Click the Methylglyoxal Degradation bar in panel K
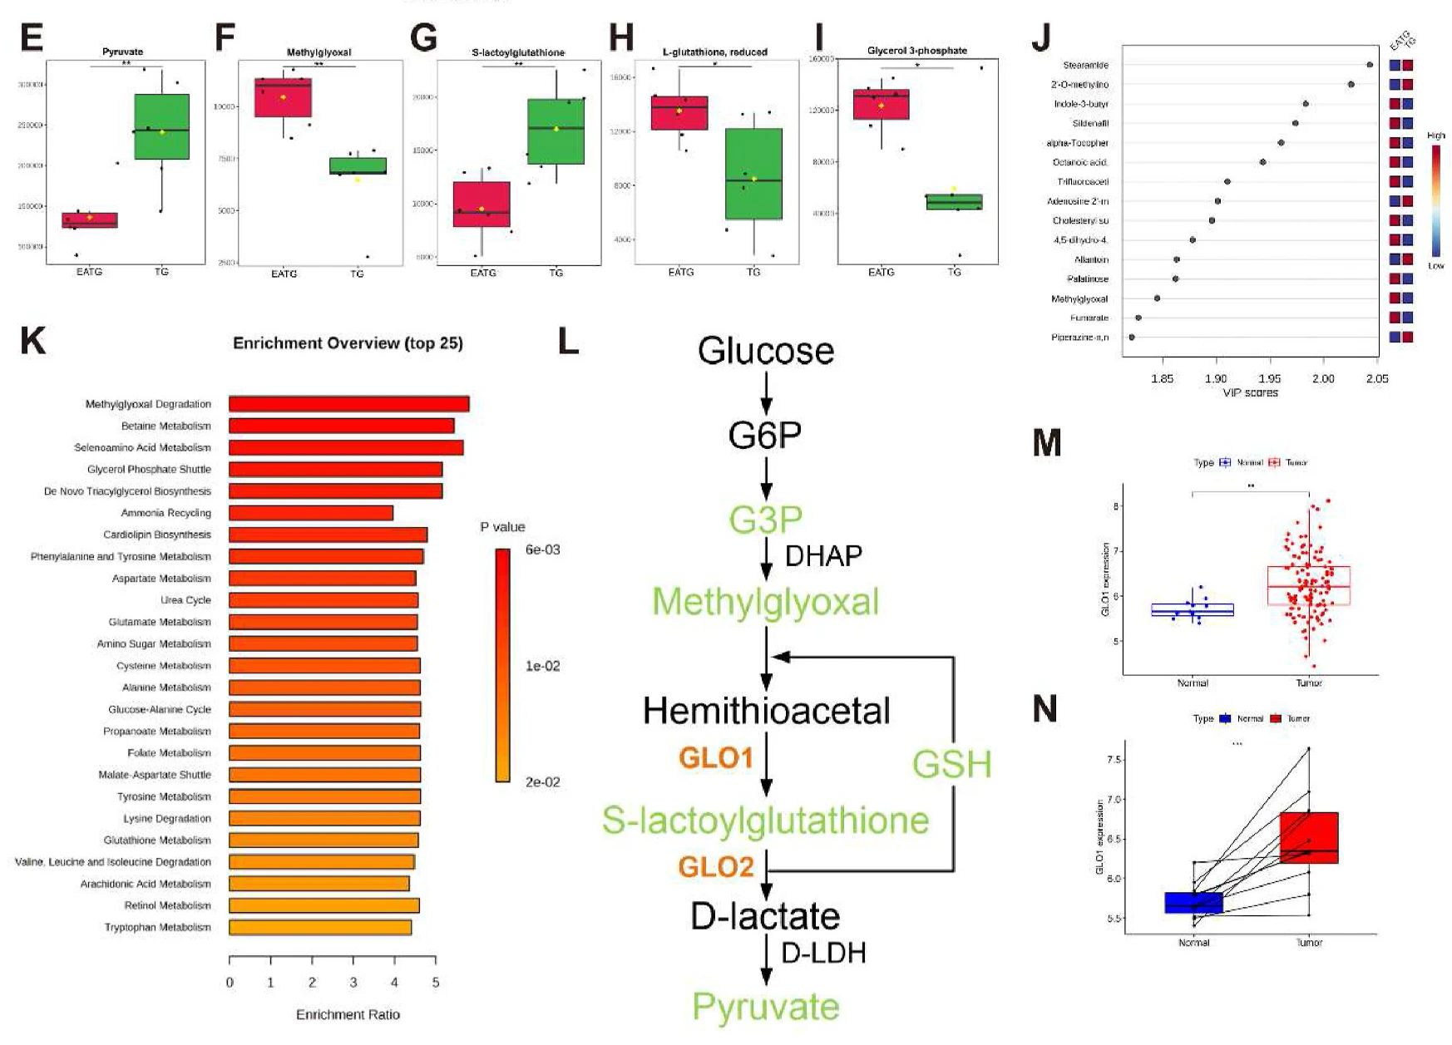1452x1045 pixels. tap(348, 404)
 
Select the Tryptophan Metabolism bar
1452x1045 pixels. tap(320, 927)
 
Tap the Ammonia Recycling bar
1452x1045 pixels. tap(311, 513)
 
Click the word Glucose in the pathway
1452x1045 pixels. tap(766, 350)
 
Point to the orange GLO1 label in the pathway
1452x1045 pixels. tap(716, 757)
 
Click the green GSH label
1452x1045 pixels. tap(951, 764)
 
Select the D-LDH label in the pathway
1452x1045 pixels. tap(823, 953)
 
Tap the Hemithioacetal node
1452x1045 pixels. tap(766, 711)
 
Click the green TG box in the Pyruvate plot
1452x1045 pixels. tap(161, 126)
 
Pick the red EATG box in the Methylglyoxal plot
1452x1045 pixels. tap(283, 98)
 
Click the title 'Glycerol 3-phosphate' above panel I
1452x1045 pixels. tap(916, 51)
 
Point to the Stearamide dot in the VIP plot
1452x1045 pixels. tap(1370, 65)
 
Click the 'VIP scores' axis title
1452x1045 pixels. tap(1250, 392)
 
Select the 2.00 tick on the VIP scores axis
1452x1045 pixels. tap(1323, 379)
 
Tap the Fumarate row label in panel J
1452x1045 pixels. tap(1089, 318)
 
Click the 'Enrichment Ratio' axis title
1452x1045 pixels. tap(348, 1014)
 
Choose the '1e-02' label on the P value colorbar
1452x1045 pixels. tap(542, 666)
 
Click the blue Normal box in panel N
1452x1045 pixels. tap(1193, 903)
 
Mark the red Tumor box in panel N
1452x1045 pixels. tap(1309, 837)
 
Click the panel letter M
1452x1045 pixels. tap(1046, 443)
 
